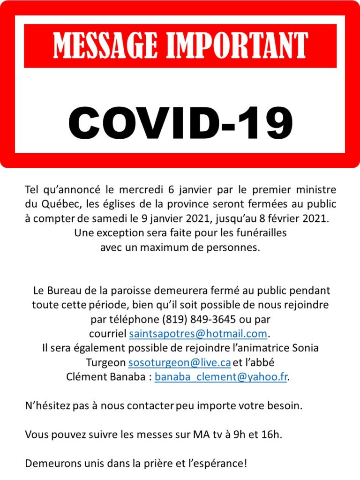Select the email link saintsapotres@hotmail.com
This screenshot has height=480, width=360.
coord(198,334)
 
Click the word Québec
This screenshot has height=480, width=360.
coord(57,204)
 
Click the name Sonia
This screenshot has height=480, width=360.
coord(305,348)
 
